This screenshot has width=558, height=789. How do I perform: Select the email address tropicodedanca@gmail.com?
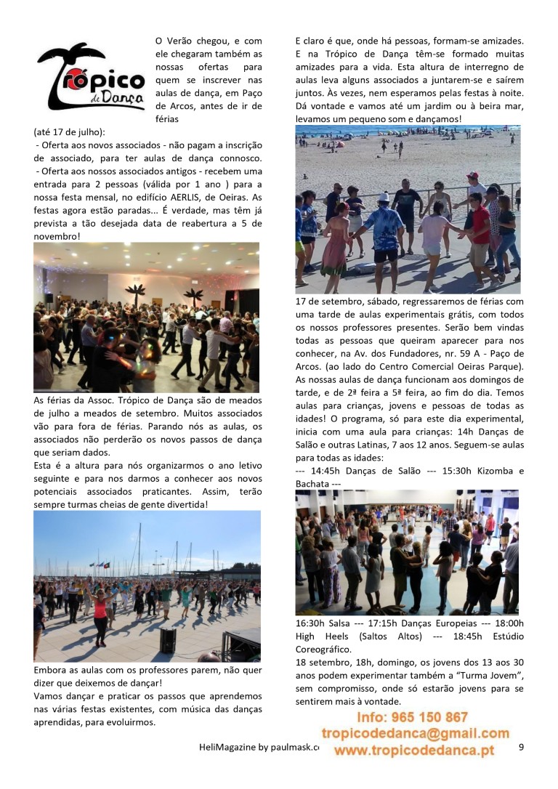415,734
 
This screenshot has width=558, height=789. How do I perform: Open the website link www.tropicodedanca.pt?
415,750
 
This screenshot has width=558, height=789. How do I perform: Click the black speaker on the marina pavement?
168,640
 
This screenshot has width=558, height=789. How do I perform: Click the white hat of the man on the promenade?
384,198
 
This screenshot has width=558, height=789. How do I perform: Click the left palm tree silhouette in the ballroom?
134,294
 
